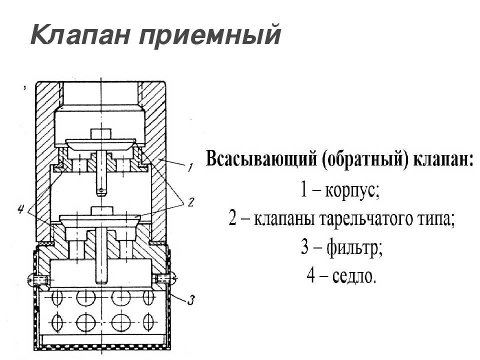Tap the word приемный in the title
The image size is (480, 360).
pos(209,36)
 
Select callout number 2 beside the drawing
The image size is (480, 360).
pos(190,202)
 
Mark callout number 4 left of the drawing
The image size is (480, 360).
pos(21,209)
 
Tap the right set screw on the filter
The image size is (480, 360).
pos(165,278)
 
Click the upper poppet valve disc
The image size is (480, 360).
pos(100,143)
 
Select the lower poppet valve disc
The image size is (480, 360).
pos(100,220)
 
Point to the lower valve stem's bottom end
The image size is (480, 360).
pos(101,281)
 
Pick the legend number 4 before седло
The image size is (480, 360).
pos(310,275)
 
